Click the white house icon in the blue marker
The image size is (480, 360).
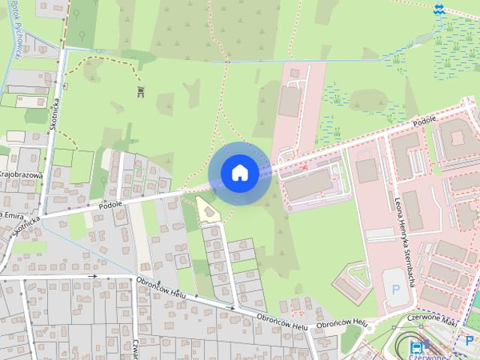click(x=240, y=172)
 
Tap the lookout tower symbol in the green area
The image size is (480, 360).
click(x=140, y=91)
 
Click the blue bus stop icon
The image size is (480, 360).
click(x=416, y=346)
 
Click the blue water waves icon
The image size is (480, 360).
click(x=438, y=9)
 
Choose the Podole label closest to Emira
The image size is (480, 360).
click(x=109, y=204)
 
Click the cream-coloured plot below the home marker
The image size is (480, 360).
click(x=208, y=210)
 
